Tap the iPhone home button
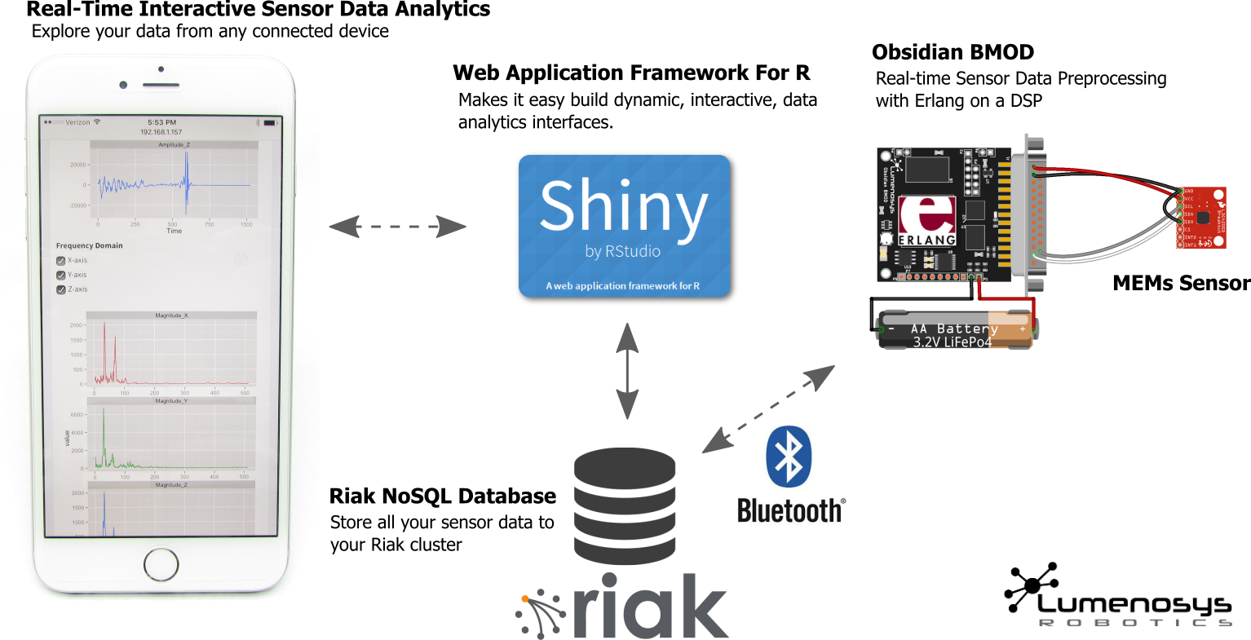161,565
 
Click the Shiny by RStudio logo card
625,226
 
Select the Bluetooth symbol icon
789,457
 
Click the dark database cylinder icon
625,506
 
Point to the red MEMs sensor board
1200,218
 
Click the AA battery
955,329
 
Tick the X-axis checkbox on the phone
60,261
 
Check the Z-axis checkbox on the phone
60,289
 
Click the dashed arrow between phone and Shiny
397,227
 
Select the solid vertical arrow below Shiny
626,371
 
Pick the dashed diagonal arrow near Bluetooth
768,409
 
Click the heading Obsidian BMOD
953,52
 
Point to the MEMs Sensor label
1181,283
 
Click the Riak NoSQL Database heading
442,496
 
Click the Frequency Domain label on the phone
89,245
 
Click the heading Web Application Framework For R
631,73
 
